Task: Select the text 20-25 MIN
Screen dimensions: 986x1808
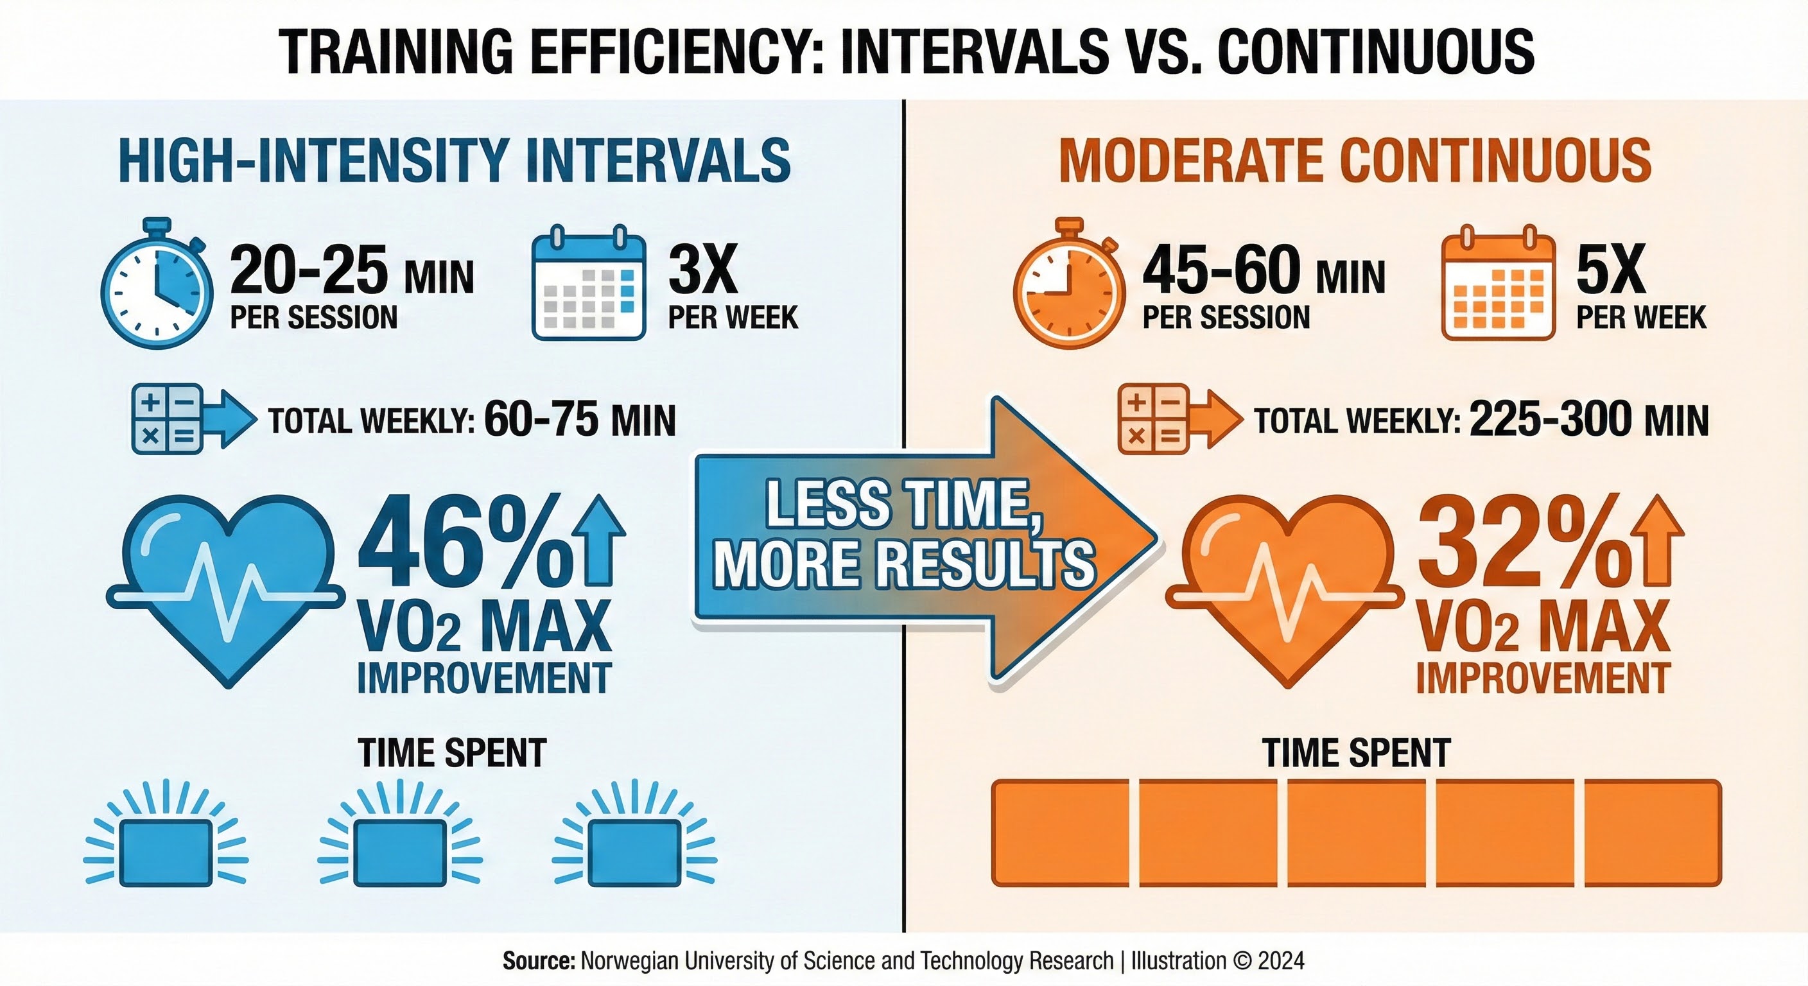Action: tap(351, 272)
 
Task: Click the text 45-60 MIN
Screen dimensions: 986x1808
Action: tap(1264, 272)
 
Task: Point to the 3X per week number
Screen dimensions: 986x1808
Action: tap(702, 271)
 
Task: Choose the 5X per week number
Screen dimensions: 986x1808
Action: tap(1611, 271)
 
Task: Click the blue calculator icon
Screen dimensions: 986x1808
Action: tap(167, 419)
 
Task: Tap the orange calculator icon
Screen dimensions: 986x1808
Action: tap(1152, 419)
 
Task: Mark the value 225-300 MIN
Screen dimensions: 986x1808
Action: tap(1588, 420)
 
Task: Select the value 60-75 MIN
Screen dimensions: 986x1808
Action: tap(579, 420)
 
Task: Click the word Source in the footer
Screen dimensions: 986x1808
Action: tap(538, 961)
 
